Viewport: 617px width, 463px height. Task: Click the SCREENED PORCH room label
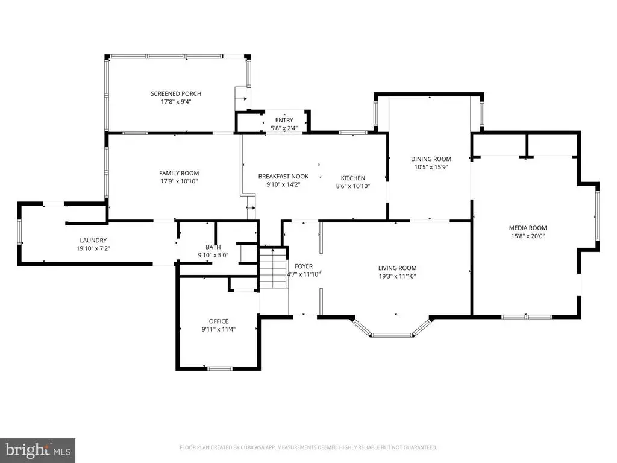[x=176, y=93]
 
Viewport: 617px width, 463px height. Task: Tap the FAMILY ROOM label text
[x=179, y=173]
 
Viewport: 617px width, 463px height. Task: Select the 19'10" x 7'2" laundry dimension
[x=93, y=248]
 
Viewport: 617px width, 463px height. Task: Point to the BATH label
[x=213, y=247]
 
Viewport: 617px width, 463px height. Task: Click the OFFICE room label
[x=218, y=321]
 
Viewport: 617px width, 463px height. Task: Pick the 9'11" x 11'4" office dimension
[x=218, y=329]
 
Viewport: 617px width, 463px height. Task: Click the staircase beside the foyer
[x=272, y=268]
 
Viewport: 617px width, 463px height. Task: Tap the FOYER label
[x=304, y=266]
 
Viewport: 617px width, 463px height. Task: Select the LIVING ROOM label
[x=398, y=268]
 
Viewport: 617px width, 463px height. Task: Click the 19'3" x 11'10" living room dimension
[x=398, y=276]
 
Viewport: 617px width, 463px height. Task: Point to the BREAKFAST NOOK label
[x=283, y=177]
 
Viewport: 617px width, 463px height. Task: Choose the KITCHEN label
[x=353, y=178]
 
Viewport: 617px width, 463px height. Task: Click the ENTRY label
[x=284, y=120]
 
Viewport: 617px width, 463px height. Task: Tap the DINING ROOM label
[x=431, y=159]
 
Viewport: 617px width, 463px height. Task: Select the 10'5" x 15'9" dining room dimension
[x=431, y=167]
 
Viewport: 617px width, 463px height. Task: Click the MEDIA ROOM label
[x=528, y=228]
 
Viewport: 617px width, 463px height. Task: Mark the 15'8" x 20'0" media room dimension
[x=528, y=236]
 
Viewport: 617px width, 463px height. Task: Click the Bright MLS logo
[x=38, y=450]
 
